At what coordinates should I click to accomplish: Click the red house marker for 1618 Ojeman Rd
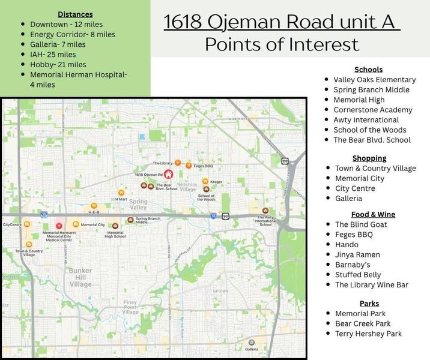(x=168, y=175)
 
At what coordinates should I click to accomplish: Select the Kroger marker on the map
(x=205, y=181)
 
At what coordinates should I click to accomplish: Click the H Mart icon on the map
(x=121, y=193)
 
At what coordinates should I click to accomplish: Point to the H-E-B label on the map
(x=94, y=212)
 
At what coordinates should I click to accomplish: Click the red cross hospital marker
(x=58, y=226)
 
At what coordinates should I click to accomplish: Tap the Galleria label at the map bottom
(x=252, y=349)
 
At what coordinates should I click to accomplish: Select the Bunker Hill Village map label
(x=80, y=277)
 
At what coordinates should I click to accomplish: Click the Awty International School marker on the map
(x=265, y=211)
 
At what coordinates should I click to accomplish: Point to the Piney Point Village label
(x=130, y=307)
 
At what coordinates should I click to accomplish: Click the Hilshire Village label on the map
(x=188, y=187)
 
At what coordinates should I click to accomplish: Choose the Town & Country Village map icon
(x=29, y=244)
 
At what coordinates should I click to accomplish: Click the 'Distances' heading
(x=75, y=14)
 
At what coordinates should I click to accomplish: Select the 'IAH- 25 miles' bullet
(x=53, y=55)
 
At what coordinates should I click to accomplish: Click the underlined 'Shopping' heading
(x=369, y=158)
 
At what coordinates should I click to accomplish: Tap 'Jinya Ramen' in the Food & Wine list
(x=357, y=254)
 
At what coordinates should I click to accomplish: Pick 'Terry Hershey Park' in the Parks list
(x=368, y=334)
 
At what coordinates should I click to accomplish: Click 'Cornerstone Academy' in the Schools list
(x=373, y=110)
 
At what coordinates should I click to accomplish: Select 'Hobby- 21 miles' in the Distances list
(x=58, y=65)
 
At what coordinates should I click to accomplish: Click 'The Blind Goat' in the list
(x=361, y=224)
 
